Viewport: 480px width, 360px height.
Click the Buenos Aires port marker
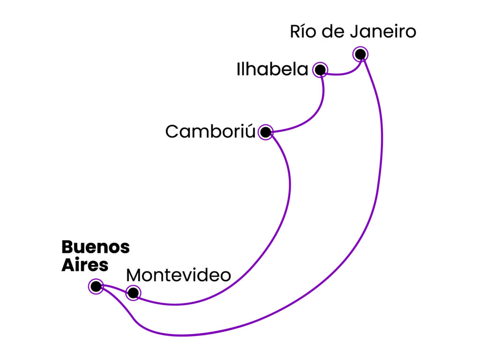(x=96, y=285)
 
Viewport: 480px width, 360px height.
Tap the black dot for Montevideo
(x=133, y=293)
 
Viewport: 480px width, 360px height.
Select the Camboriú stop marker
(x=265, y=132)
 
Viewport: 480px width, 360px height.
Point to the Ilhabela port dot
(x=320, y=70)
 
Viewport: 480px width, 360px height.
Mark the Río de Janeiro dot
(x=360, y=54)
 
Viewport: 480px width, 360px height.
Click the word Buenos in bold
(x=95, y=247)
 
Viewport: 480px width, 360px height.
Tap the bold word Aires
(x=85, y=265)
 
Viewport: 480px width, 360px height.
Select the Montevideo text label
(x=179, y=275)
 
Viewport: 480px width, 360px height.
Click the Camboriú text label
(x=210, y=132)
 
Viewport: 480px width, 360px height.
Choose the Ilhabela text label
(x=272, y=70)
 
